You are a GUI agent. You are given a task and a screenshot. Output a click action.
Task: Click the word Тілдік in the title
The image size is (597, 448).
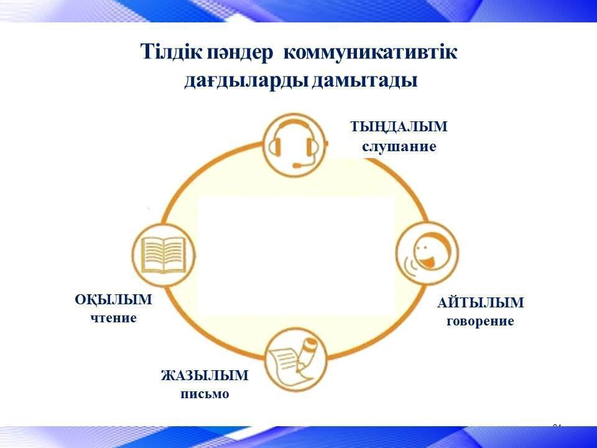[172, 52]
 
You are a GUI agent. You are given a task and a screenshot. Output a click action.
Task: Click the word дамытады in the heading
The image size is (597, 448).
[365, 81]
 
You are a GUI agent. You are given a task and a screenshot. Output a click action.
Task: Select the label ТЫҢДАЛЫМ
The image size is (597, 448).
[399, 127]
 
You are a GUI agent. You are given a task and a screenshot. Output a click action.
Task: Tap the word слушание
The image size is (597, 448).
[399, 147]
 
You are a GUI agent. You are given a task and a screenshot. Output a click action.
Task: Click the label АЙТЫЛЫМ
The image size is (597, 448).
[481, 303]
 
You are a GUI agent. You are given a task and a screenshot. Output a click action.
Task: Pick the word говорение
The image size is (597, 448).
[481, 321]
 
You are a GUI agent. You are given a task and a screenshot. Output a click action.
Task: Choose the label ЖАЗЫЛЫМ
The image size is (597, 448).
[205, 376]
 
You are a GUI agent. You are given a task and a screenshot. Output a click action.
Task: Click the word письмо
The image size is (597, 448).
[205, 394]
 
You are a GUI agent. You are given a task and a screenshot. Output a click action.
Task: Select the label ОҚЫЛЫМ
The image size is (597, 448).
[113, 300]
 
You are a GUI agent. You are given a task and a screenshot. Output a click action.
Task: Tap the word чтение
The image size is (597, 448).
[113, 318]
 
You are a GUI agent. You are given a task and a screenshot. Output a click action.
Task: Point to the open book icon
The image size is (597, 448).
[164, 254]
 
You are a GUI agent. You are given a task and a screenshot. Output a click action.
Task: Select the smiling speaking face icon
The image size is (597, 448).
[427, 253]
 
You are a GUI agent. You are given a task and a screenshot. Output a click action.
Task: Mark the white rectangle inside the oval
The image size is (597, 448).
[296, 256]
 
